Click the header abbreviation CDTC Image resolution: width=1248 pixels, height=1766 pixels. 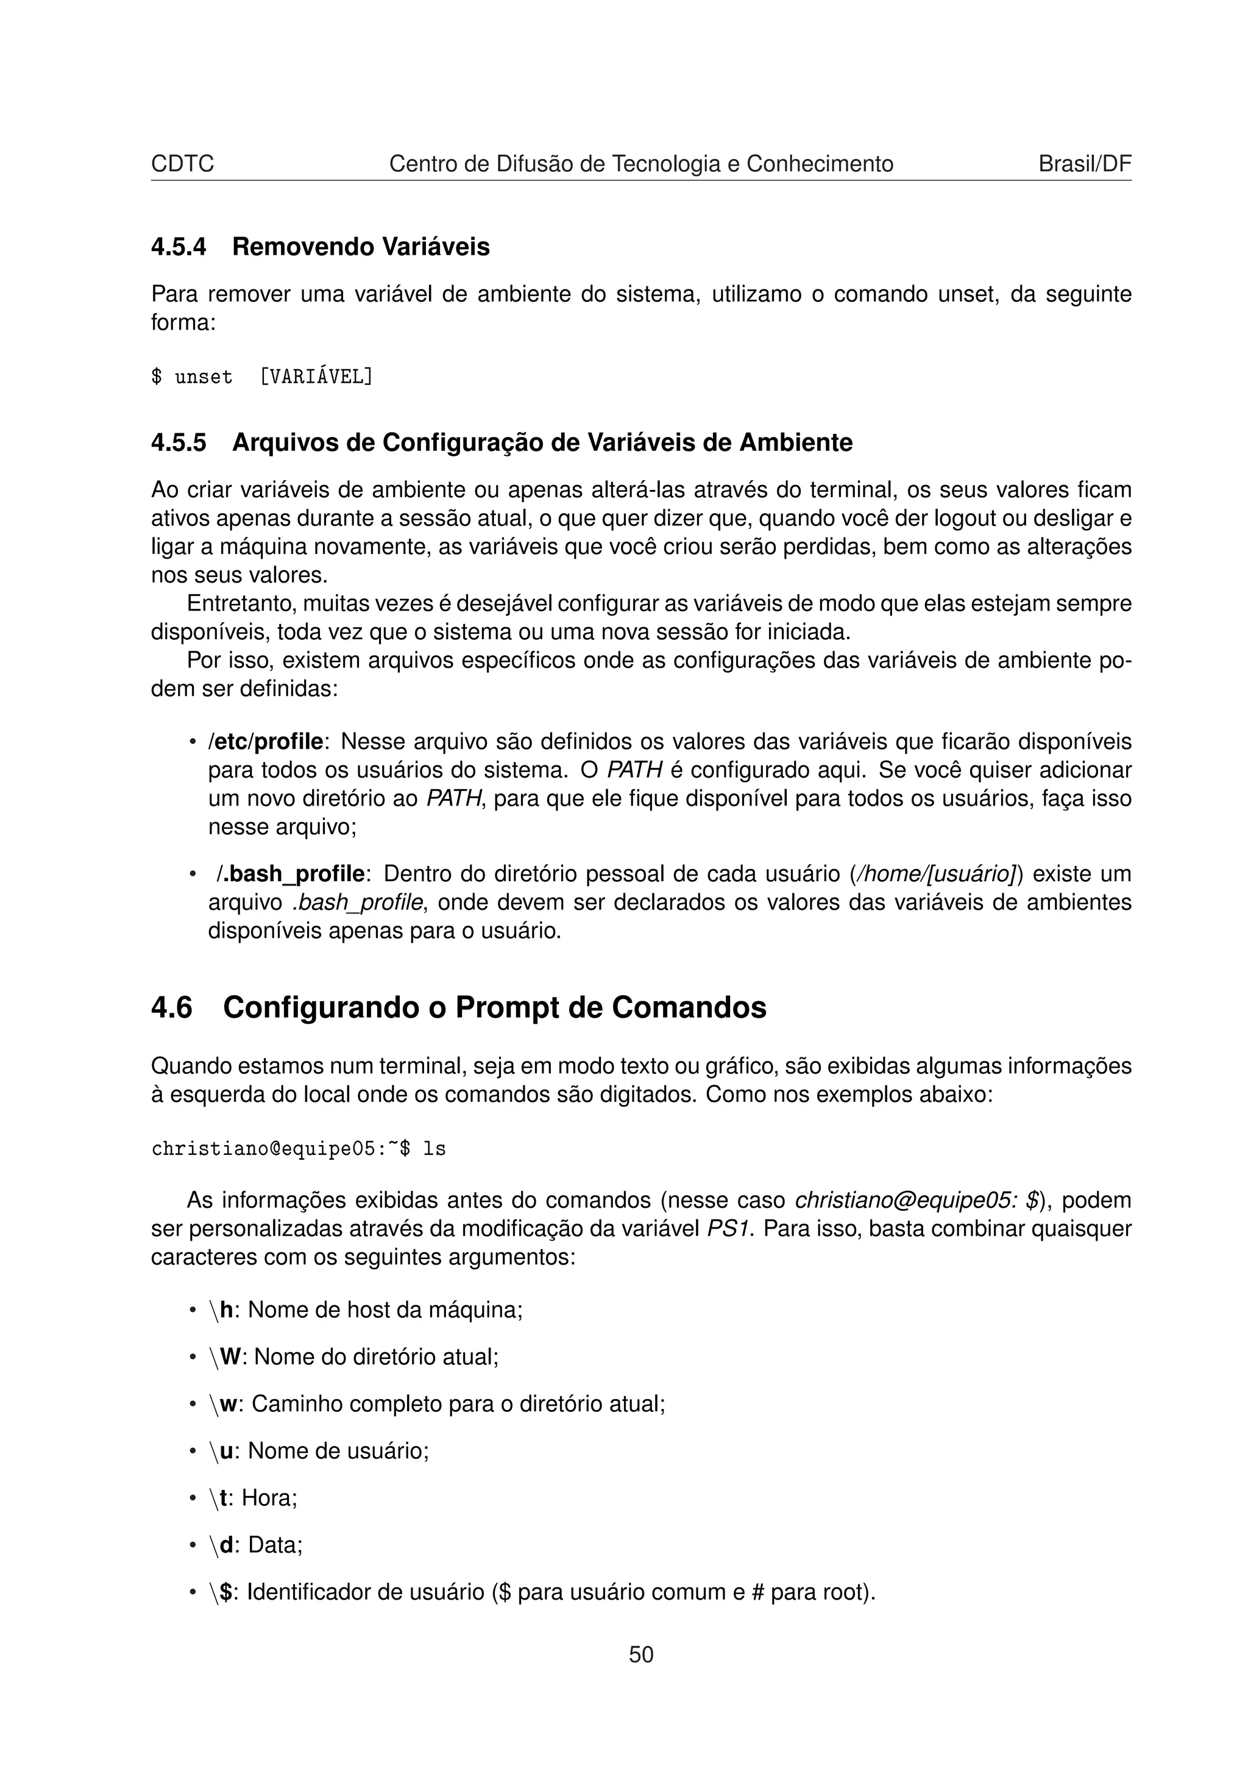pos(182,164)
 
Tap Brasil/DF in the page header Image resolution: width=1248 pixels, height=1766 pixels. pos(1084,164)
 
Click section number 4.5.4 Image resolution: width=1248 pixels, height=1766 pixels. pos(179,247)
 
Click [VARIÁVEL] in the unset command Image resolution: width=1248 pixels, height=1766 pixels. pos(316,377)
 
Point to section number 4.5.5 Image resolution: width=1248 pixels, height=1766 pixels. pos(179,443)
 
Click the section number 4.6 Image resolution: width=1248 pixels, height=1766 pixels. pos(171,1007)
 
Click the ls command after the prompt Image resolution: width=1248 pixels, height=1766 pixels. pos(435,1149)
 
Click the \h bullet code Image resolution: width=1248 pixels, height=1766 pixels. pos(221,1310)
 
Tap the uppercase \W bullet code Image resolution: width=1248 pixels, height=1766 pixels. pos(224,1357)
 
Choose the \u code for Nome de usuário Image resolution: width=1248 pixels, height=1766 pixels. pos(221,1450)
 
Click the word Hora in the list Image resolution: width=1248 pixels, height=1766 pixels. pos(269,1497)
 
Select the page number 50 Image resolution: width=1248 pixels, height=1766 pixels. pos(641,1654)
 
